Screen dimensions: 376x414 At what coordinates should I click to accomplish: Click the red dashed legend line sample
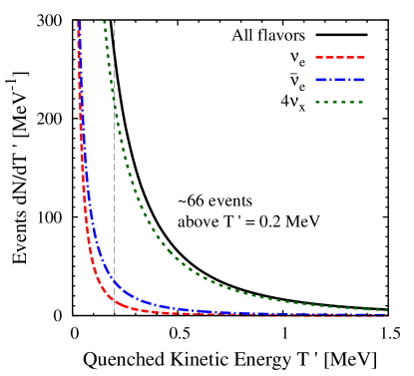pyautogui.click(x=340, y=57)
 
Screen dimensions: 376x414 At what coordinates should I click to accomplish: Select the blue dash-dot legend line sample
pyautogui.click(x=340, y=80)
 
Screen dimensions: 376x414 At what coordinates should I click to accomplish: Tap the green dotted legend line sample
pyautogui.click(x=340, y=103)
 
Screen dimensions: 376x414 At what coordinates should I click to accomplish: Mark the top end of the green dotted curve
pyautogui.click(x=104, y=21)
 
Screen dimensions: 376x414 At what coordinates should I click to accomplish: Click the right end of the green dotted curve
pyautogui.click(x=386, y=310)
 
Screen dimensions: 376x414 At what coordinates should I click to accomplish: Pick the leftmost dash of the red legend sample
pyautogui.click(x=320, y=57)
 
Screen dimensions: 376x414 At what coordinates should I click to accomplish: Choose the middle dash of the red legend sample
pyautogui.click(x=340, y=57)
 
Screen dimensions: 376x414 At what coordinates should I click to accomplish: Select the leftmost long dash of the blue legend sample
pyautogui.click(x=321, y=80)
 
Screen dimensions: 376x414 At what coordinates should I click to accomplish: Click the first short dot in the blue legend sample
pyautogui.click(x=330, y=80)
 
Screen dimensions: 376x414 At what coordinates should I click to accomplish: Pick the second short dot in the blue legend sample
pyautogui.click(x=349, y=80)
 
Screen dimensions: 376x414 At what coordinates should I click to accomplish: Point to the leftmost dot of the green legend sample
pyautogui.click(x=318, y=103)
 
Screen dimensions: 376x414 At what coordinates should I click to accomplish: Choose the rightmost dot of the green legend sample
pyautogui.click(x=360, y=103)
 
